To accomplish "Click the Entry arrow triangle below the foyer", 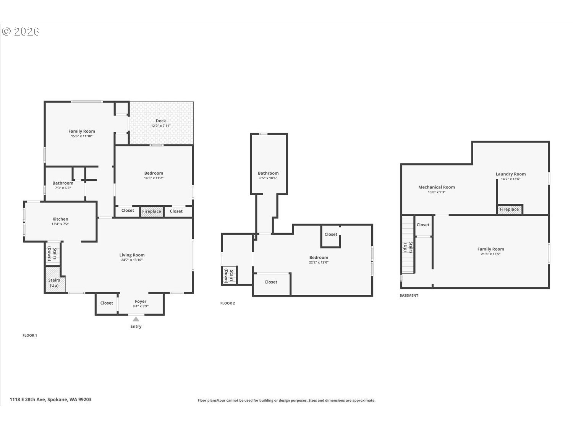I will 136,319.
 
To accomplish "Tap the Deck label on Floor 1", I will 160,121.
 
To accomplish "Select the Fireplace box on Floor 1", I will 152,211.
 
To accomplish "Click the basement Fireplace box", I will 509,209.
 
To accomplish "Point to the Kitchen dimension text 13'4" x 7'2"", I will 60,224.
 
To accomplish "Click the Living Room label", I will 132,255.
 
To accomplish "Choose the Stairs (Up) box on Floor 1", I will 54,281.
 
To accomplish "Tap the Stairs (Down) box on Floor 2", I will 229,275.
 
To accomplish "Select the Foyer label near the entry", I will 141,301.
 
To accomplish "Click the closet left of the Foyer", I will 107,303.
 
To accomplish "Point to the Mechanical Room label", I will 436,187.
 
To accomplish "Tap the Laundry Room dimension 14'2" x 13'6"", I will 510,179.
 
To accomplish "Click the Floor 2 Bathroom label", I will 268,173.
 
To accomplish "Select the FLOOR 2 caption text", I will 228,303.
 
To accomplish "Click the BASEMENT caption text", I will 409,295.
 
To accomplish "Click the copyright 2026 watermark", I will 21,31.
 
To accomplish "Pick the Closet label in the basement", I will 423,225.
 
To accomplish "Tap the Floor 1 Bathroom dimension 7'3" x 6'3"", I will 63,188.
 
